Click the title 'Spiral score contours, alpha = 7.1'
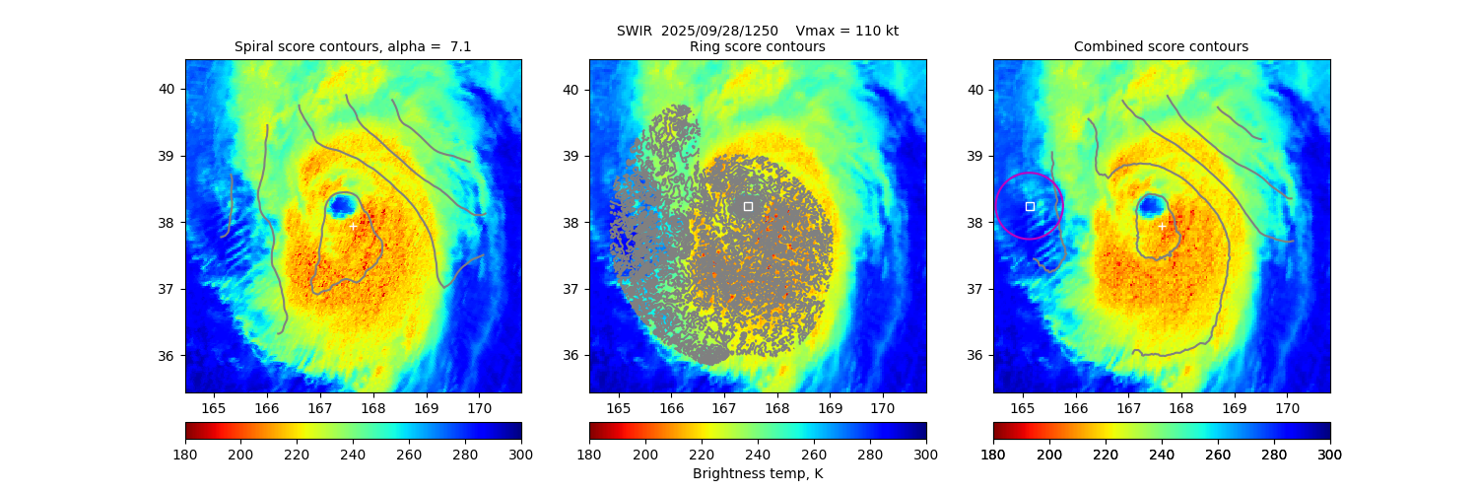pos(353,46)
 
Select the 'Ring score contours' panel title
pos(757,46)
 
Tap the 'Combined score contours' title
pos(1161,46)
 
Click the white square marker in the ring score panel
pos(748,206)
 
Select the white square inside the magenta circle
pos(1030,206)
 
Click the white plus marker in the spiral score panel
pos(353,226)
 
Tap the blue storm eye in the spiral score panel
pos(342,205)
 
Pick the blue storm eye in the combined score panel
pos(1150,205)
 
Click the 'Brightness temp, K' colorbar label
pos(757,473)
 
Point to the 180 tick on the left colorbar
pos(185,454)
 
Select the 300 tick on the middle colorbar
pos(925,454)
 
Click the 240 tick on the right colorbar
pos(1162,454)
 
